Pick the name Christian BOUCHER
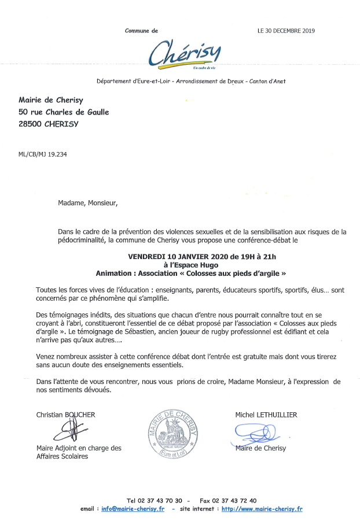pyautogui.click(x=65, y=415)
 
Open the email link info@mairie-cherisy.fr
pyautogui.click(x=133, y=509)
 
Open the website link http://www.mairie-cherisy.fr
pyautogui.click(x=262, y=509)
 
